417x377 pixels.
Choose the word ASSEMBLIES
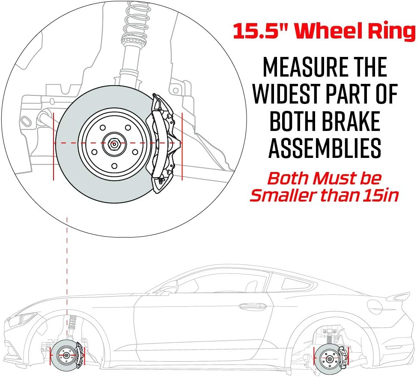coord(325,148)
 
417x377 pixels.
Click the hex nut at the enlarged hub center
coord(114,144)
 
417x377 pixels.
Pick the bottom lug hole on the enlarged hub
coord(114,166)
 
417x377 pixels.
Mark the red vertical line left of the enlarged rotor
coord(54,146)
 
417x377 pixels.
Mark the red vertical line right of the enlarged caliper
coord(182,146)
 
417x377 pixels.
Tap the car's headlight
coord(25,318)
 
